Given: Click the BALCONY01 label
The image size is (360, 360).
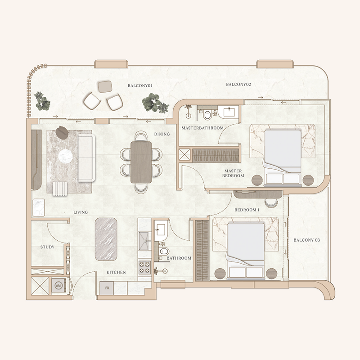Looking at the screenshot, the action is [140, 85].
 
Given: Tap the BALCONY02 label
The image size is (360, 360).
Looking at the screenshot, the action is [238, 84].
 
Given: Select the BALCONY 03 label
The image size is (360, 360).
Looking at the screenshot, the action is [306, 240].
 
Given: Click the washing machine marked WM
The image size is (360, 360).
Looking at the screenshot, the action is [58, 286].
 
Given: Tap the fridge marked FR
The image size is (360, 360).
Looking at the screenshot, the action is [107, 288].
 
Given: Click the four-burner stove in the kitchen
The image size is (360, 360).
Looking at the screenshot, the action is [144, 267].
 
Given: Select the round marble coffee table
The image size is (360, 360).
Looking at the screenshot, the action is [65, 156].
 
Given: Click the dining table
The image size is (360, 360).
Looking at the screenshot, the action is [141, 162].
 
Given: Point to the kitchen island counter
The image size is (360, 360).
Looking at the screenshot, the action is [106, 239].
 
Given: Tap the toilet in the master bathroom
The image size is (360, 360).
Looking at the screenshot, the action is [207, 115].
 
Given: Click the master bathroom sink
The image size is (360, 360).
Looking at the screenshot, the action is [229, 112].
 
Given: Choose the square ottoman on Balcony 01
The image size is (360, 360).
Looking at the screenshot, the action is [105, 86].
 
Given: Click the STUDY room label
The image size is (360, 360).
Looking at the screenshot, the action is [47, 247].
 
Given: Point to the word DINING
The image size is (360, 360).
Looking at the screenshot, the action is [162, 134].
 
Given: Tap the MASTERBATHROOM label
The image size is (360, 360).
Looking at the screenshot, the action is [202, 128].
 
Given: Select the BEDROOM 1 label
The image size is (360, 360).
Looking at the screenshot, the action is [247, 210].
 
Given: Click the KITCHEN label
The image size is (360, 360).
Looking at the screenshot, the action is [116, 272].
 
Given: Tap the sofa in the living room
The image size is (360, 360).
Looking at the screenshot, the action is [86, 158].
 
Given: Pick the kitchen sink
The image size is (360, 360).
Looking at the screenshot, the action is [144, 241].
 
